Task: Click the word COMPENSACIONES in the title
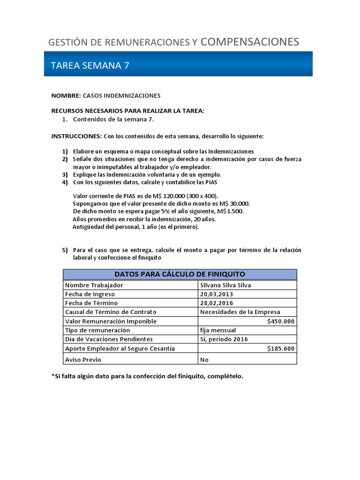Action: click(249, 42)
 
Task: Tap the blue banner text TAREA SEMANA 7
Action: click(90, 66)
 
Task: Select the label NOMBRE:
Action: click(66, 96)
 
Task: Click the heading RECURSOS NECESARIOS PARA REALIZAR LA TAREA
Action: click(127, 111)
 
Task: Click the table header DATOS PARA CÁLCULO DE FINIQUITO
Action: click(180, 274)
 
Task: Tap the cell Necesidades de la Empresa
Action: click(240, 312)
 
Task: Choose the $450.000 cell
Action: click(281, 321)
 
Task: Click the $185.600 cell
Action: click(281, 348)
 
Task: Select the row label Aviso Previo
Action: click(83, 360)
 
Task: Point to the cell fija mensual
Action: click(218, 330)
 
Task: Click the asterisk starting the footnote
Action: click(52, 376)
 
